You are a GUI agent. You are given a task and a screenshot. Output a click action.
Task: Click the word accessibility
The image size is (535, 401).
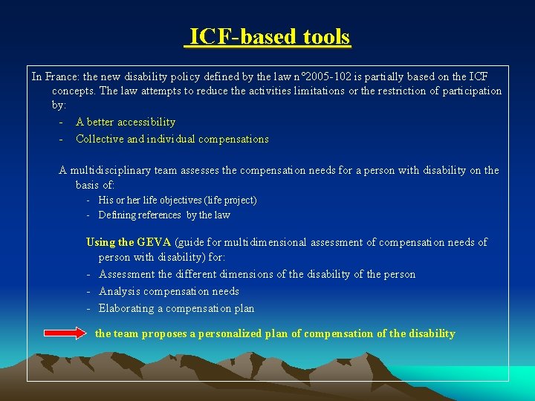pos(146,122)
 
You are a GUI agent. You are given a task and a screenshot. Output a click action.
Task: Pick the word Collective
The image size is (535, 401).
pos(100,139)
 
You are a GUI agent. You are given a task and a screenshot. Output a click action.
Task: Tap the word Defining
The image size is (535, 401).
pos(116,215)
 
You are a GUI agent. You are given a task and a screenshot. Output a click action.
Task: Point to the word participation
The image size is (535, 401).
pos(472,91)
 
